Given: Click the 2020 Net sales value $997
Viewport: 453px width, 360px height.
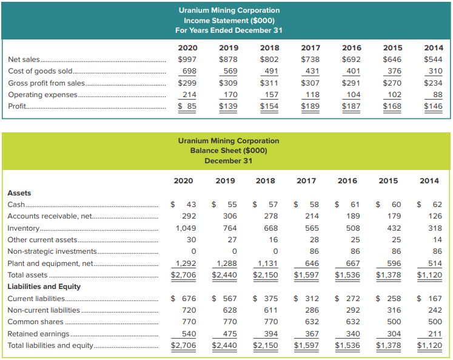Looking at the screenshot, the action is pos(187,59).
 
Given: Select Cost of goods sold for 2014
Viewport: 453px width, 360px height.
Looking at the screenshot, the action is pos(435,71).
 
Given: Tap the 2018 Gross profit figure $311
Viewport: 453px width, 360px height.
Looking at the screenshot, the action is pos(269,83).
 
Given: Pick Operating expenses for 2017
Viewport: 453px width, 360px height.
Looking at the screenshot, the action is pos(312,95).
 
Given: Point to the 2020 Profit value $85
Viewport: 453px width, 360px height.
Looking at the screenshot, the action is pos(187,106).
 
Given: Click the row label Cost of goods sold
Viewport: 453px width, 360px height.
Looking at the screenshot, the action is pos(40,71).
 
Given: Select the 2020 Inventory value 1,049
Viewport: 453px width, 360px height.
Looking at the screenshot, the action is pos(186,228).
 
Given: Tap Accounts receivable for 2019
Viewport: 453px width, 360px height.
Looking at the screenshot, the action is pos(230,216).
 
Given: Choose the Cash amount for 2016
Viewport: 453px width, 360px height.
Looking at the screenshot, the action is pos(347,205).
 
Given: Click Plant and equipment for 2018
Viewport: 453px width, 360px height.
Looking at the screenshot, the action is pos(267,263).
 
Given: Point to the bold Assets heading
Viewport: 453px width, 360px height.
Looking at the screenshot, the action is pos(19,193).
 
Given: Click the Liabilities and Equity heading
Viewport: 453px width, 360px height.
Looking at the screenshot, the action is pos(44,287).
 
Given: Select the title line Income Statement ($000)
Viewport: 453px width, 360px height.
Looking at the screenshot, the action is pos(229,21).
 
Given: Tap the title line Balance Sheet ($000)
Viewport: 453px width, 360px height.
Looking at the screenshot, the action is pos(229,151).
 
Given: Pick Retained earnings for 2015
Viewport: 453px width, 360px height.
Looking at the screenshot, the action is pos(394,334).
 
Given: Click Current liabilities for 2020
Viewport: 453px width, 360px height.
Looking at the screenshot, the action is pos(183,299).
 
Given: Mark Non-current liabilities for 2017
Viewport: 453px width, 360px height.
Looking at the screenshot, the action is pos(312,310).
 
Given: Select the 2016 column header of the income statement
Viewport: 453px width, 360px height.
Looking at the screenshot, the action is pos(352,48).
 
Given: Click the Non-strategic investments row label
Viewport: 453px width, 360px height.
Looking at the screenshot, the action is pos(52,251).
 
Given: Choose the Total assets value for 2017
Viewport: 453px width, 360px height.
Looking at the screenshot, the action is pos(306,275).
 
